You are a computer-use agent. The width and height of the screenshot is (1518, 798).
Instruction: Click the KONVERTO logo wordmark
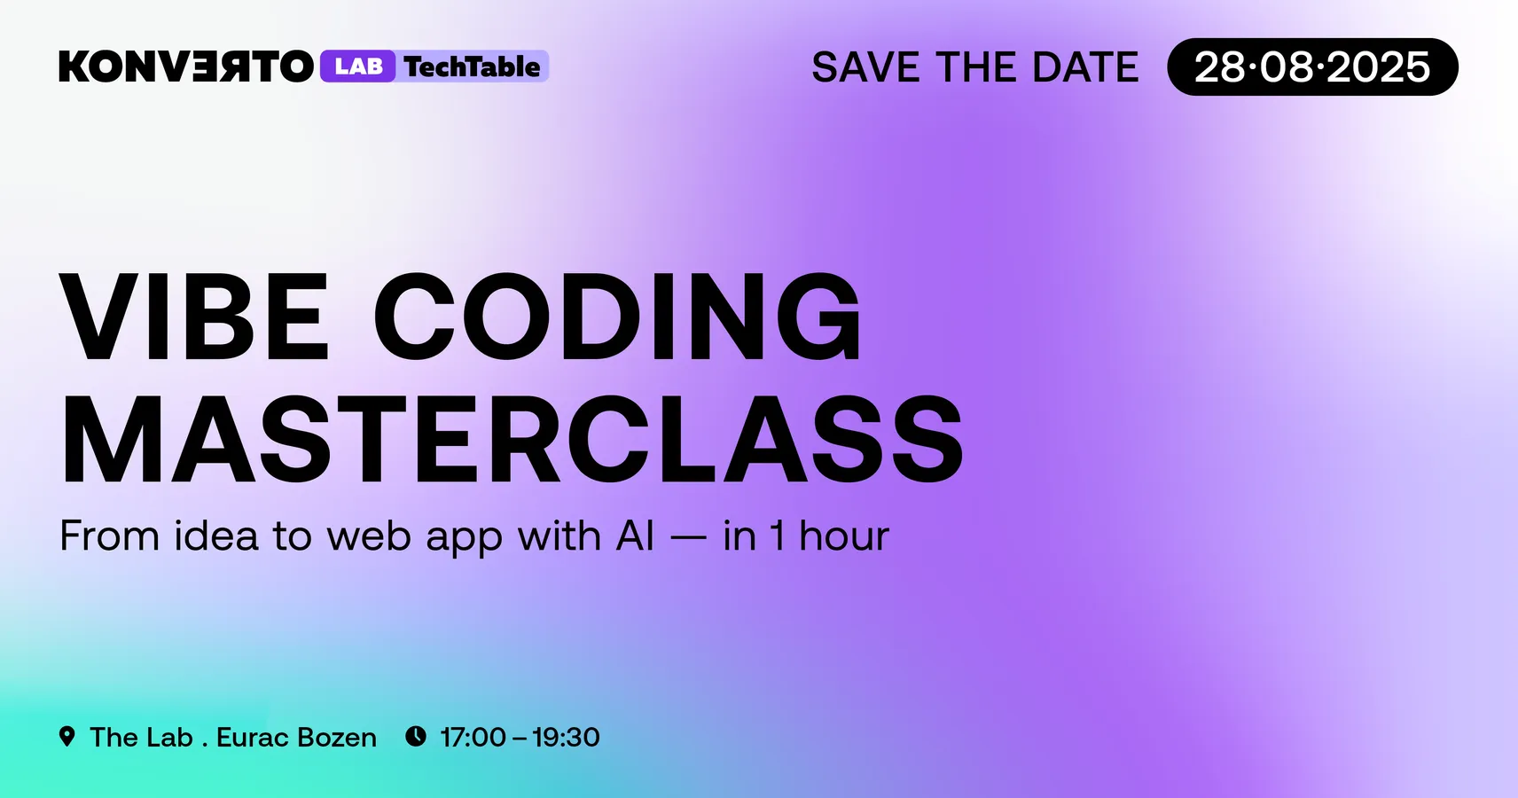pyautogui.click(x=186, y=66)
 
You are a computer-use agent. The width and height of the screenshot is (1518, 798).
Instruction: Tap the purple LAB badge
pyautogui.click(x=358, y=66)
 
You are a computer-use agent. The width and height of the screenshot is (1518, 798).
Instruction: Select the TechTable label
pyautogui.click(x=473, y=66)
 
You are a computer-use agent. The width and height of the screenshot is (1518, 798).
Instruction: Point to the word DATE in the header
pyautogui.click(x=1085, y=67)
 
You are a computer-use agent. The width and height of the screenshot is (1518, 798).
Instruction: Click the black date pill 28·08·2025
pyautogui.click(x=1312, y=67)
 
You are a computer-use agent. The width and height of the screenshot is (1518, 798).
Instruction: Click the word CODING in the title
pyautogui.click(x=618, y=317)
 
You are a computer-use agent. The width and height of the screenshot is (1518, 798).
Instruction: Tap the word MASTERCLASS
pyautogui.click(x=512, y=440)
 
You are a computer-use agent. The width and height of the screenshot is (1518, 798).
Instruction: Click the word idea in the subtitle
pyautogui.click(x=216, y=536)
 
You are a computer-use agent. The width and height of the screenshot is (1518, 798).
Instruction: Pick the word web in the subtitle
pyautogui.click(x=369, y=536)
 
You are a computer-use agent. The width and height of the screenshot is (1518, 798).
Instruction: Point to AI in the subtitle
pyautogui.click(x=635, y=536)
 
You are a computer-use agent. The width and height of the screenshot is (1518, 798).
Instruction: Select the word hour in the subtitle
pyautogui.click(x=844, y=536)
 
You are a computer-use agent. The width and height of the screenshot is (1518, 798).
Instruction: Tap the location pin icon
pyautogui.click(x=67, y=736)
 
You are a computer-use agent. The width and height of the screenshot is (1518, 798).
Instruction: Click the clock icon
pyautogui.click(x=416, y=736)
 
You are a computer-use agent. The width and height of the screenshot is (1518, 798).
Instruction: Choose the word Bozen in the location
pyautogui.click(x=337, y=737)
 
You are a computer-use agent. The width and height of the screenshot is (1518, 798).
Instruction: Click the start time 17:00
pyautogui.click(x=473, y=737)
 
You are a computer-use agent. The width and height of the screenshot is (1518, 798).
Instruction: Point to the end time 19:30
pyautogui.click(x=566, y=737)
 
